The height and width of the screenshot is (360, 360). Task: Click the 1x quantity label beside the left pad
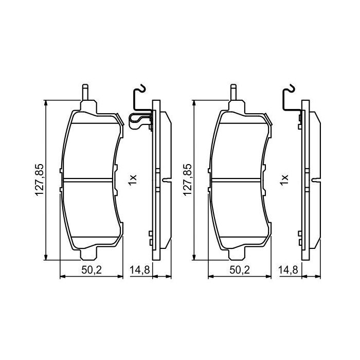coord(133,179)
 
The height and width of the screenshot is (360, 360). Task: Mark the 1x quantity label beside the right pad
coord(284,179)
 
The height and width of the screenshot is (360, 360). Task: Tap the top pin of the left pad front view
coord(86,93)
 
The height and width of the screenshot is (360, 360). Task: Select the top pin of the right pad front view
coord(232,93)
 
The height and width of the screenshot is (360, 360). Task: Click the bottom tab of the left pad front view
coord(90,255)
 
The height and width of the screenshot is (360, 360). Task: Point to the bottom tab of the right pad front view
coord(237,255)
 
